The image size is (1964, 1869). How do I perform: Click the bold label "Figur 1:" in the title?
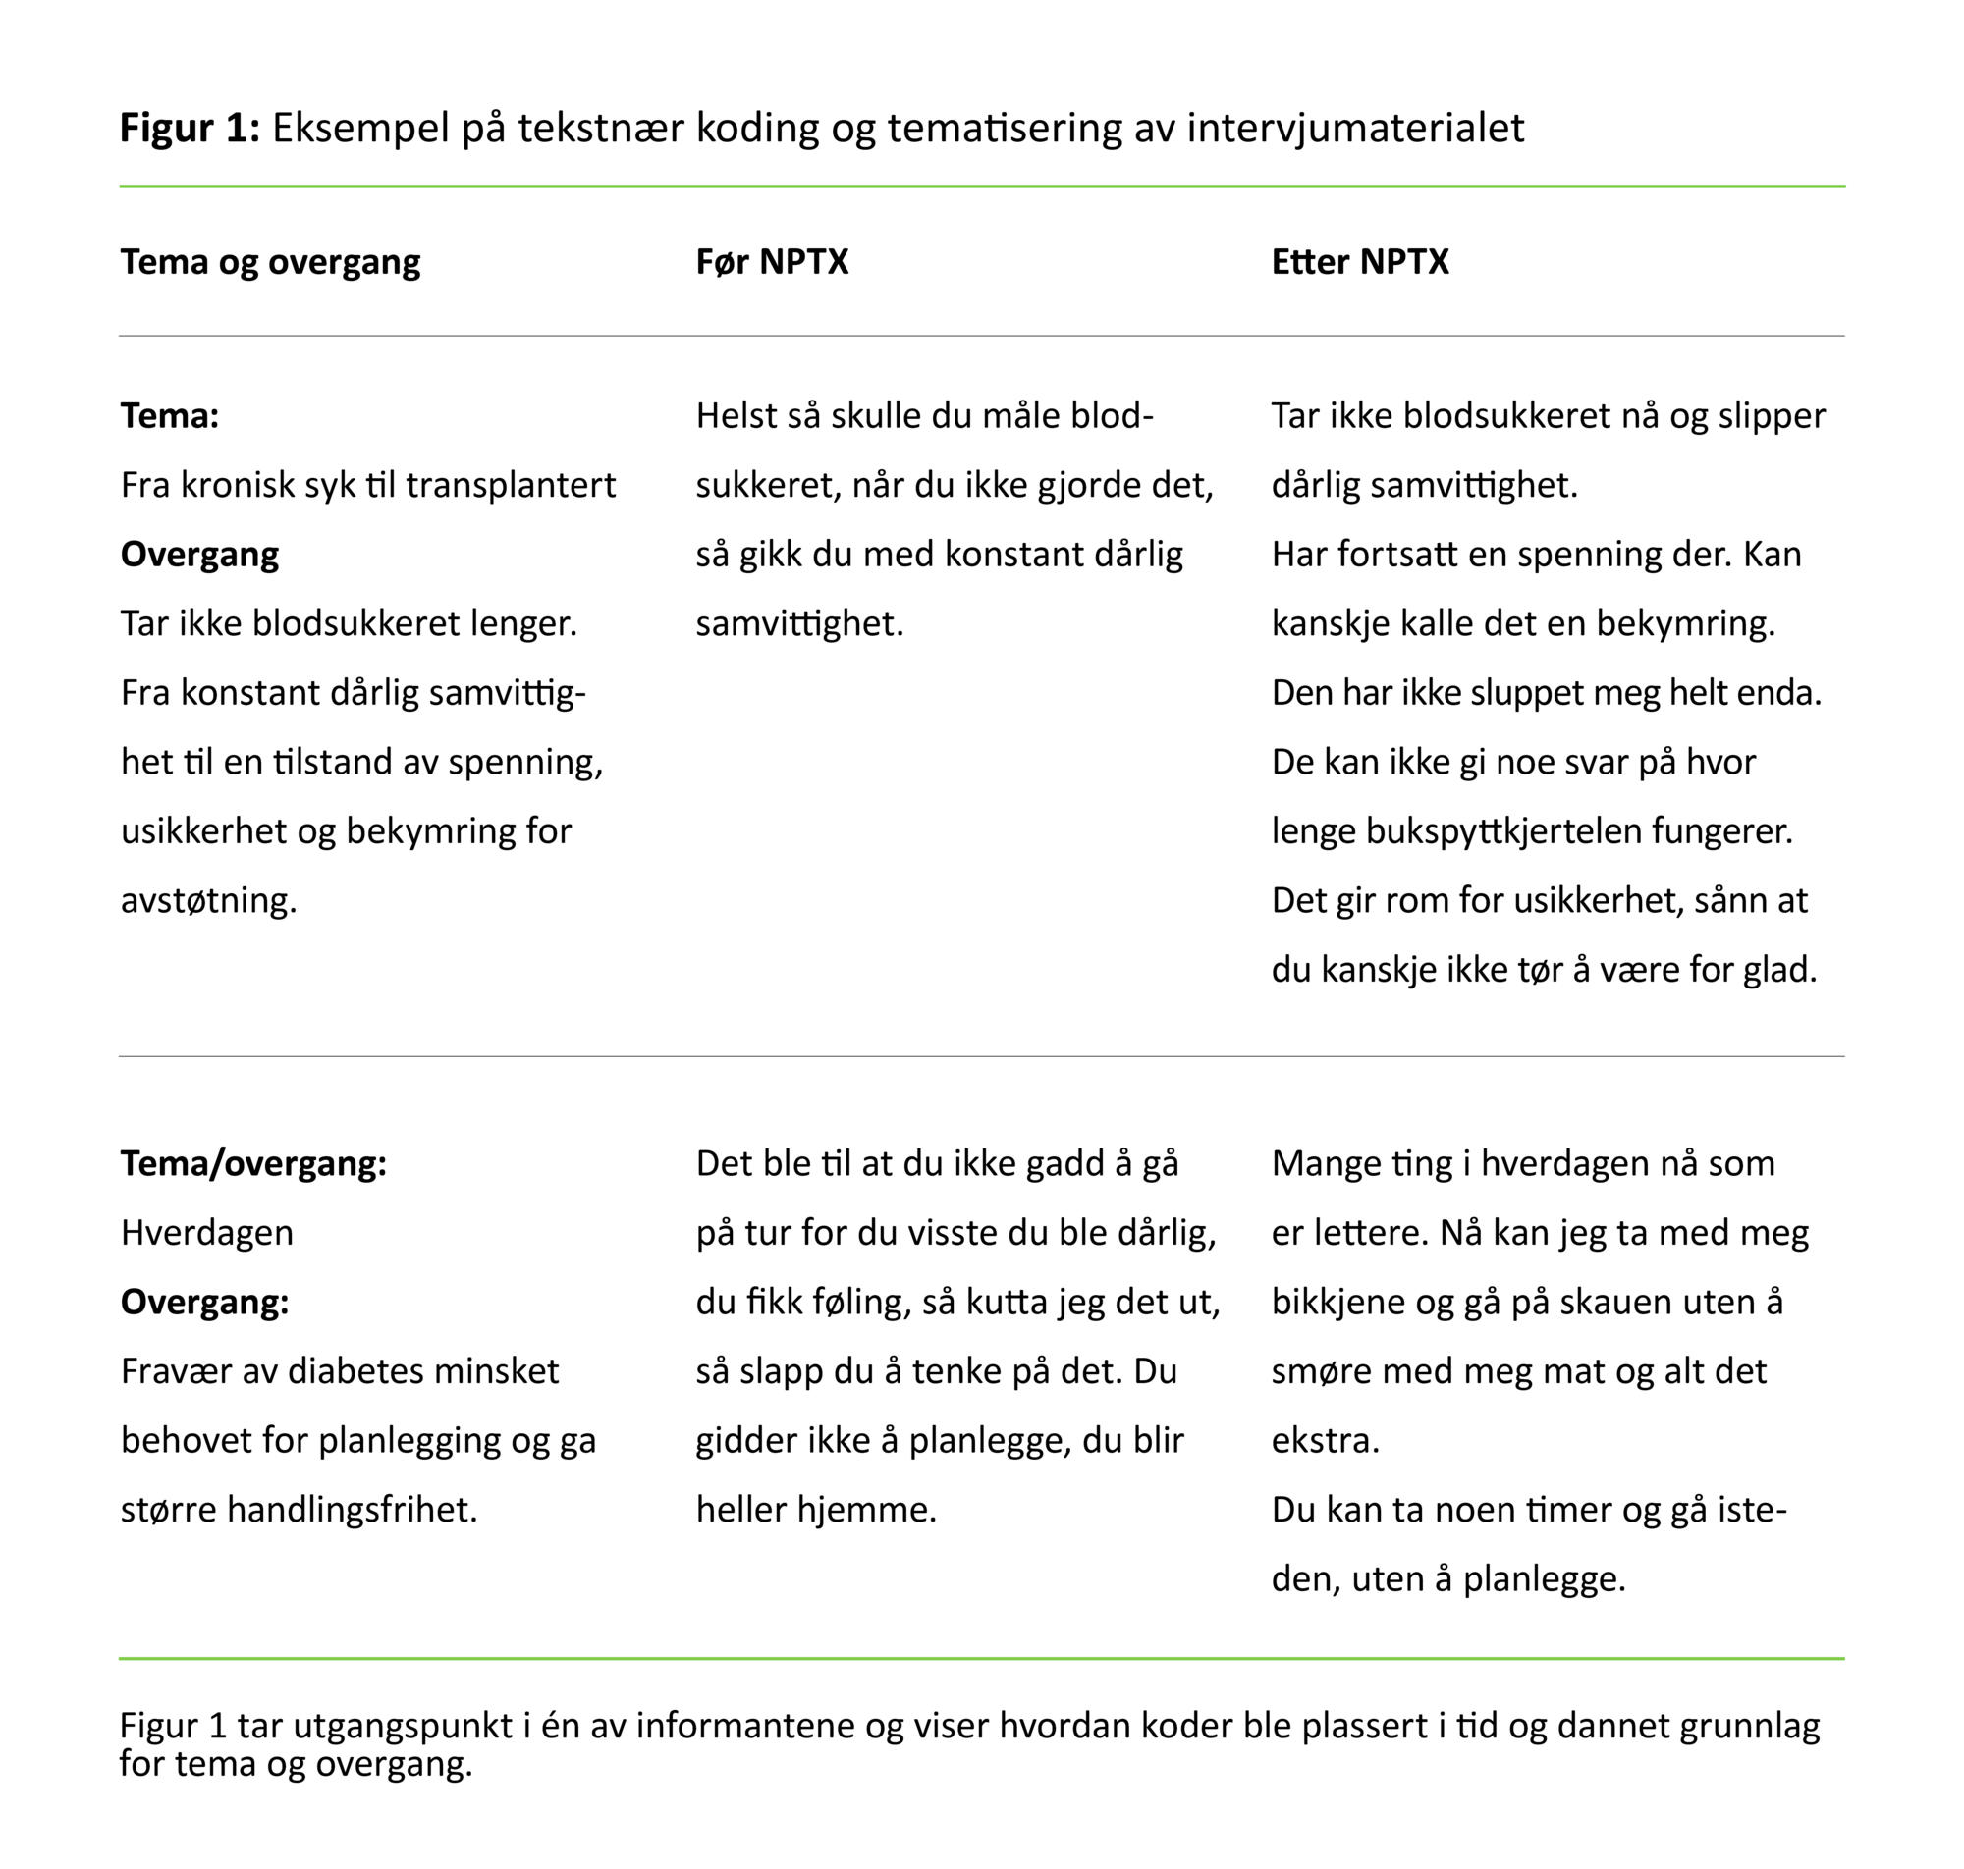pos(190,129)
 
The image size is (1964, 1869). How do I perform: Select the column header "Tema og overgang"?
pos(270,262)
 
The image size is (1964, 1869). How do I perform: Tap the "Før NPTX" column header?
pos(771,262)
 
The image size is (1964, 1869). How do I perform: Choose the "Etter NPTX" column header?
pos(1359,262)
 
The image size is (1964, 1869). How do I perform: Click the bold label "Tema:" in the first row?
pos(170,415)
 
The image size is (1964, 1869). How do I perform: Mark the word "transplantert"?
pos(511,485)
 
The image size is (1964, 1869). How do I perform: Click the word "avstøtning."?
pos(208,900)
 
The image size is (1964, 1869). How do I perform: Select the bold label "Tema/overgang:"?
pos(253,1163)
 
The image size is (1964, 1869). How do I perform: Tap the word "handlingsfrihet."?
pos(353,1510)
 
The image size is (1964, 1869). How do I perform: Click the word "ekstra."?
pos(1325,1441)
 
